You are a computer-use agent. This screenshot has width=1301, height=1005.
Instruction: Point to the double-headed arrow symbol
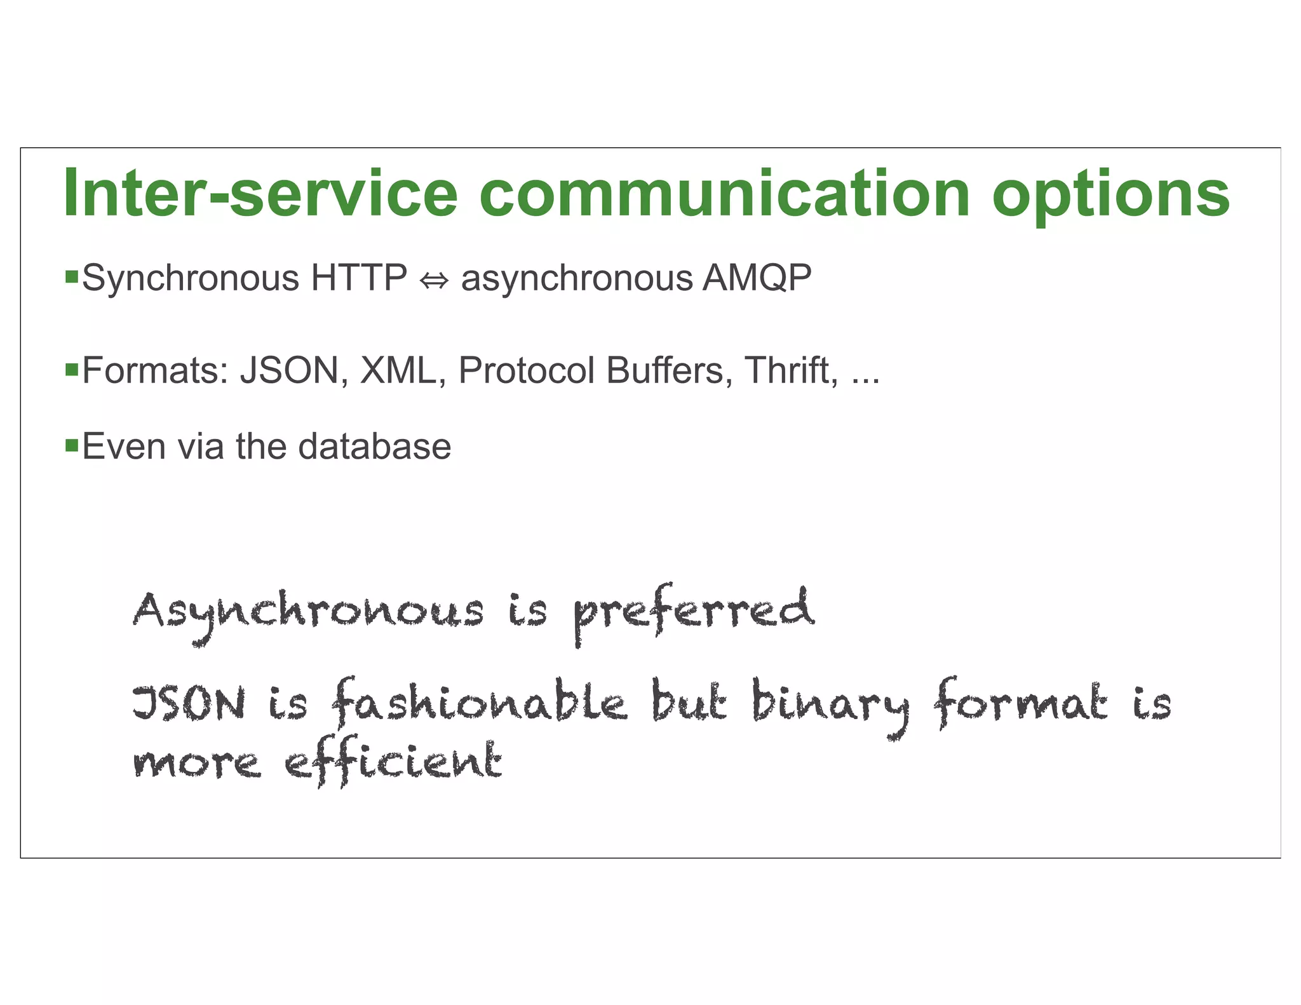click(x=435, y=280)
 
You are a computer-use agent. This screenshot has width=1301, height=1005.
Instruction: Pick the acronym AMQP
click(x=757, y=278)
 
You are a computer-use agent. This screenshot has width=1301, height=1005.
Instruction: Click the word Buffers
click(x=664, y=370)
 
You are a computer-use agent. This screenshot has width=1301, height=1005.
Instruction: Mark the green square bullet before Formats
click(x=71, y=368)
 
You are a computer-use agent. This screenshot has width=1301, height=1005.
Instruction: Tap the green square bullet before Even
click(x=71, y=444)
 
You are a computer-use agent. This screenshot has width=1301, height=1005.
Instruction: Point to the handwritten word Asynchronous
click(x=308, y=614)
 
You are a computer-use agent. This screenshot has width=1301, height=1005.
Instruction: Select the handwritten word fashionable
click(x=480, y=703)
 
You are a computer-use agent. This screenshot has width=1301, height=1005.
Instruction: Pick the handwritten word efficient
click(x=393, y=762)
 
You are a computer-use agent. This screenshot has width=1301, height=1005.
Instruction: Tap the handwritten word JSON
click(x=189, y=704)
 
